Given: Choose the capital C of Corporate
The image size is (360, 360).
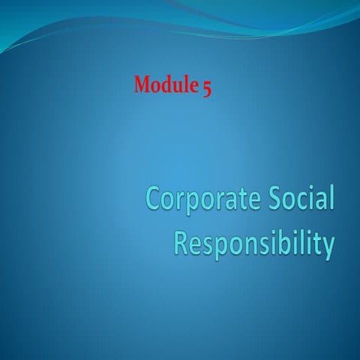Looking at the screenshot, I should click(154, 200).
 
